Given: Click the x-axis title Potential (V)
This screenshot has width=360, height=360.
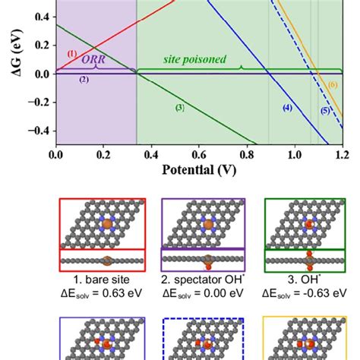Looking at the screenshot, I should (199, 170).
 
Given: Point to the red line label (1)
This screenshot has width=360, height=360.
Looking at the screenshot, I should (72, 53).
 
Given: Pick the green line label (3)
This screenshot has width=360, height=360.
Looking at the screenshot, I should (180, 108).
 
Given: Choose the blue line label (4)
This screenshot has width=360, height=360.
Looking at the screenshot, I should (287, 108).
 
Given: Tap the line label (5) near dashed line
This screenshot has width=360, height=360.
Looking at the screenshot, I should (325, 111).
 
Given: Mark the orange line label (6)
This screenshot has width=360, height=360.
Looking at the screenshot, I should (332, 84).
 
